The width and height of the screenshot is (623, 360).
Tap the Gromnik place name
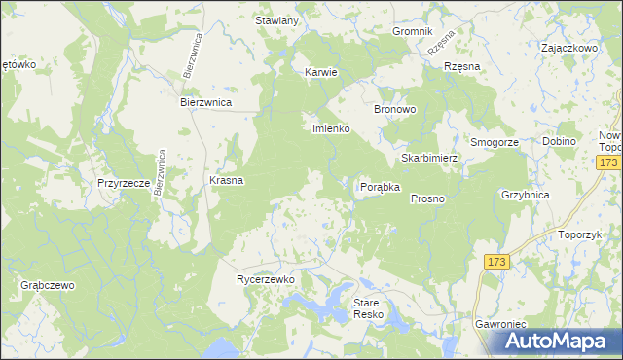(x=412, y=31)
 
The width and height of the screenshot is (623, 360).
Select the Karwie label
(x=320, y=72)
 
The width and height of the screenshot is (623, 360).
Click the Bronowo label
(x=395, y=110)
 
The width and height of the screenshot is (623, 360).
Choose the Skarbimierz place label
(x=428, y=158)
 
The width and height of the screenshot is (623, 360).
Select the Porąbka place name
(x=381, y=187)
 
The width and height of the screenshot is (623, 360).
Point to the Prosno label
(x=427, y=198)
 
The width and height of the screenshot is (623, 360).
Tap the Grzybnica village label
(x=526, y=195)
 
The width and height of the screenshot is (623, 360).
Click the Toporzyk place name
(x=581, y=235)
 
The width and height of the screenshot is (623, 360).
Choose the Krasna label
(x=226, y=181)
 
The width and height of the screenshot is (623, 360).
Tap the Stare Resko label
(x=370, y=309)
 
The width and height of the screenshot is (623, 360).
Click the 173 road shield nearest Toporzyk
(x=496, y=262)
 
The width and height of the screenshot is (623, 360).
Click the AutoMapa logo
(x=560, y=342)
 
